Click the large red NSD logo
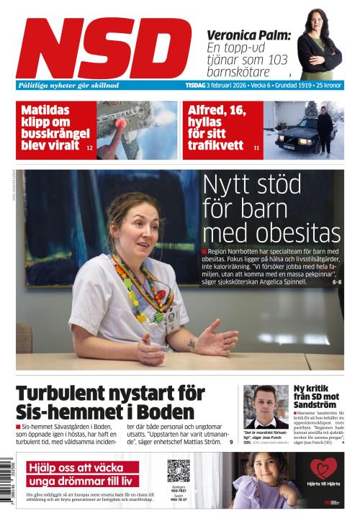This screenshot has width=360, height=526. pyautogui.click(x=104, y=48)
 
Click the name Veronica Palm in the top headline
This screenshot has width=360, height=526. pyautogui.click(x=248, y=35)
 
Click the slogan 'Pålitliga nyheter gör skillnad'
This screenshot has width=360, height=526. pyautogui.click(x=68, y=85)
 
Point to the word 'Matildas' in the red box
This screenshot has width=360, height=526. pyautogui.click(x=50, y=110)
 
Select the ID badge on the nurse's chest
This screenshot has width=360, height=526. pyautogui.click(x=171, y=318)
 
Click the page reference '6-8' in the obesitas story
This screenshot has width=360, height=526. pyautogui.click(x=336, y=282)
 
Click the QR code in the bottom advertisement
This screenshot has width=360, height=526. pyautogui.click(x=178, y=471)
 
